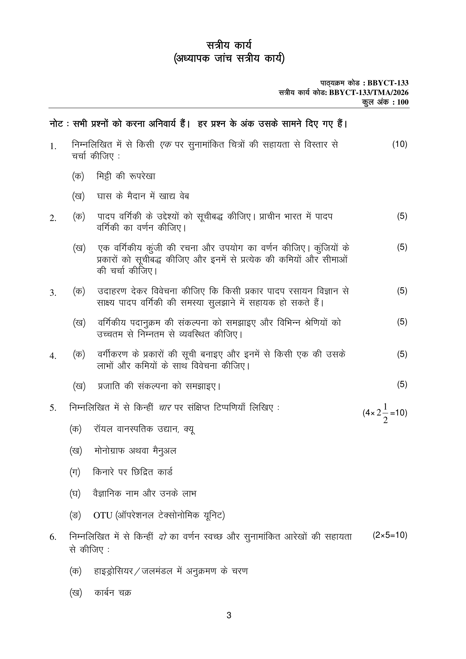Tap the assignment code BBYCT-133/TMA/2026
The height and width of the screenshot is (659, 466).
click(x=369, y=93)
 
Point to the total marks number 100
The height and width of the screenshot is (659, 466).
click(x=403, y=102)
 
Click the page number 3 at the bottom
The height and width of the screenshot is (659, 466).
click(x=229, y=623)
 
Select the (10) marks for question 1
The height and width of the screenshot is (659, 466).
click(x=400, y=144)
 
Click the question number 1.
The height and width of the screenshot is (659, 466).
click(x=53, y=147)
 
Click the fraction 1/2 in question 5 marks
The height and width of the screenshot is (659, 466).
click(x=385, y=413)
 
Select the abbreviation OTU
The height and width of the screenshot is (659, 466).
click(x=103, y=516)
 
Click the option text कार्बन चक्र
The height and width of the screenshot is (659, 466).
click(x=113, y=593)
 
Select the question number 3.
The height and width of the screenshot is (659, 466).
click(x=53, y=293)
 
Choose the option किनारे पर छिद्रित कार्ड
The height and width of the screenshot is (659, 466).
click(x=133, y=472)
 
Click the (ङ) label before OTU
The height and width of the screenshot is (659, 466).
click(x=75, y=516)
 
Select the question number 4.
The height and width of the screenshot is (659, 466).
click(x=53, y=357)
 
